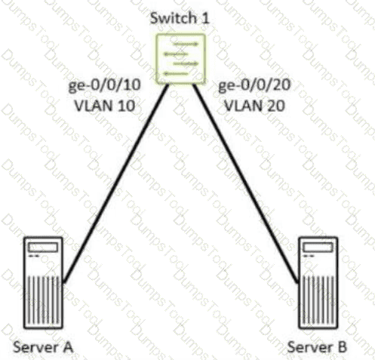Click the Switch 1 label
pyautogui.click(x=180, y=18)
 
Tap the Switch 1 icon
pyautogui.click(x=180, y=59)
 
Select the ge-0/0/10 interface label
pyautogui.click(x=104, y=85)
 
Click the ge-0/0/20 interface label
pyautogui.click(x=254, y=85)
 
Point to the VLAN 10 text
pyautogui.click(x=105, y=106)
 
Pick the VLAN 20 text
pyautogui.click(x=254, y=106)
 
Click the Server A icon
pyautogui.click(x=43, y=282)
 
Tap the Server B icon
pyautogui.click(x=318, y=282)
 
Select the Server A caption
pyautogui.click(x=43, y=347)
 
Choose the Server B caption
pyautogui.click(x=317, y=347)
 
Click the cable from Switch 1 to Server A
pyautogui.click(x=115, y=183)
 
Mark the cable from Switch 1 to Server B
pyautogui.click(x=246, y=183)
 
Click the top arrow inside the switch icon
pyautogui.click(x=186, y=44)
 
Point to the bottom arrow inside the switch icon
pyautogui.click(x=176, y=74)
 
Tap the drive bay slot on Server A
pyautogui.click(x=43, y=248)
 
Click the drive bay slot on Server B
pyautogui.click(x=318, y=248)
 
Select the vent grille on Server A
pyautogui.click(x=43, y=299)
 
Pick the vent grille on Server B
pyautogui.click(x=318, y=299)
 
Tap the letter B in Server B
pyautogui.click(x=342, y=347)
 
